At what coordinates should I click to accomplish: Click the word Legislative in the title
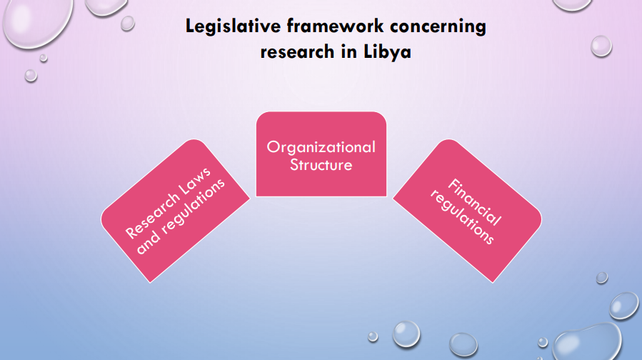(233, 26)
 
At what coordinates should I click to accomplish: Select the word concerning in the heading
(438, 27)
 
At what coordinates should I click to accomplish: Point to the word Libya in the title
(387, 52)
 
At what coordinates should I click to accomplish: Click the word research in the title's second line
(298, 52)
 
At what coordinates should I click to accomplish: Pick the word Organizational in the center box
(321, 147)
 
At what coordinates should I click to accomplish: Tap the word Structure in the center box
(321, 164)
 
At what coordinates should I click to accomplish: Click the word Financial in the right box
(475, 202)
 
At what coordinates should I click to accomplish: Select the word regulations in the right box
(462, 217)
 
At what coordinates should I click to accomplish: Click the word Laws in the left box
(195, 181)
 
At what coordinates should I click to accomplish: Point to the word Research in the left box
(152, 216)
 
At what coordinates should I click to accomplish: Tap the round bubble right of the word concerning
(601, 46)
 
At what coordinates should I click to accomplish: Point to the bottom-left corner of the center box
(256, 196)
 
